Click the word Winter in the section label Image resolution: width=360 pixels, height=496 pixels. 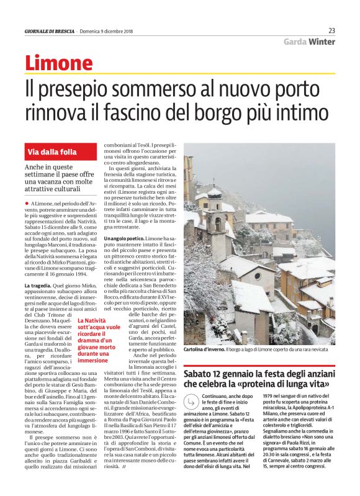322,42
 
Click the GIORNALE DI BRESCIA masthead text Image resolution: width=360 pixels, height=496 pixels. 49,31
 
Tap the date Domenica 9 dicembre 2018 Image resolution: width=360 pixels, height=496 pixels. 107,31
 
